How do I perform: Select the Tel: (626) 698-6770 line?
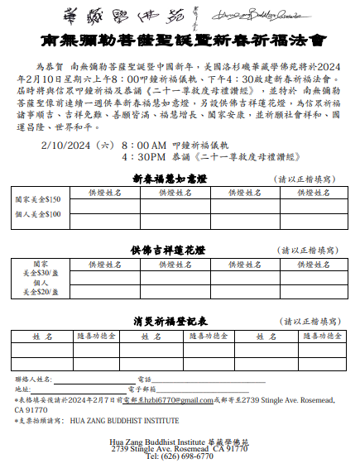click(x=180, y=456)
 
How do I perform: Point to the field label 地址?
click(x=22, y=389)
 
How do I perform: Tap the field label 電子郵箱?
click(x=142, y=389)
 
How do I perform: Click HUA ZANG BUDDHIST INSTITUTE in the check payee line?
click(x=124, y=420)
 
